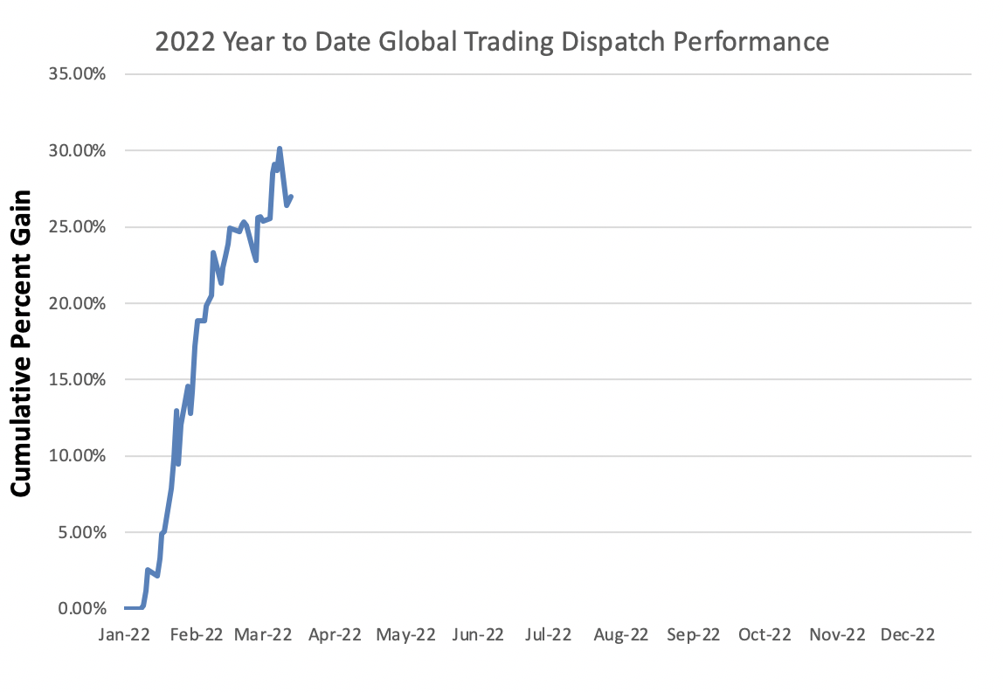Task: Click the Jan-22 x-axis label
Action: pos(125,635)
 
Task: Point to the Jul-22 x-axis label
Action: pos(548,635)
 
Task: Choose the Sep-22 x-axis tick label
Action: pos(693,635)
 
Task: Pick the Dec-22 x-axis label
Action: pos(907,635)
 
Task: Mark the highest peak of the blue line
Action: pos(280,149)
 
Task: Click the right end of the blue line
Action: pos(291,197)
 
